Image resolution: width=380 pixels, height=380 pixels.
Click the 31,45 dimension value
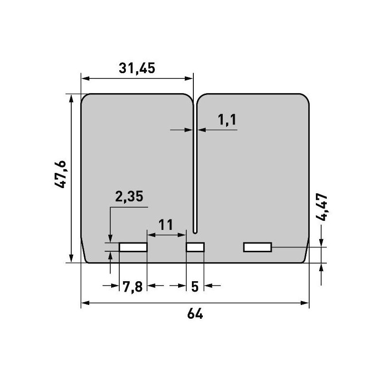coord(137,68)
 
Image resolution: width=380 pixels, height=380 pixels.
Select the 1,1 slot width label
coord(227,120)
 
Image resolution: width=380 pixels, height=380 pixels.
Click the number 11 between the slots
coord(165,224)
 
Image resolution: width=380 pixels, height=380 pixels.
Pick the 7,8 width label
coord(132,286)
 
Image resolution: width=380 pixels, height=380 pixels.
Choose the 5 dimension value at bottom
coord(194,286)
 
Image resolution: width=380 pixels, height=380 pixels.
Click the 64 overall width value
coord(195,314)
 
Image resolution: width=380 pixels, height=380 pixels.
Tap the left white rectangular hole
coord(133,247)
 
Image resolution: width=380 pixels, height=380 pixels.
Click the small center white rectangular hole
coord(195,247)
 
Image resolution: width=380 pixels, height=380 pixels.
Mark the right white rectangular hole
coord(257,247)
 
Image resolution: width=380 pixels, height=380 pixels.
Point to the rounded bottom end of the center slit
coord(195,231)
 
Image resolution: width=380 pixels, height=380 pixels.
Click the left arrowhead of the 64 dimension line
coord(84,303)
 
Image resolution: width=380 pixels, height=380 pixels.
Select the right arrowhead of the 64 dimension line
coord(306,303)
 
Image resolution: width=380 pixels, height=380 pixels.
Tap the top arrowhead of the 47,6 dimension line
coord(71,97)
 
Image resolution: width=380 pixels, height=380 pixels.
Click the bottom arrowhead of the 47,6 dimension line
coord(71,259)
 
